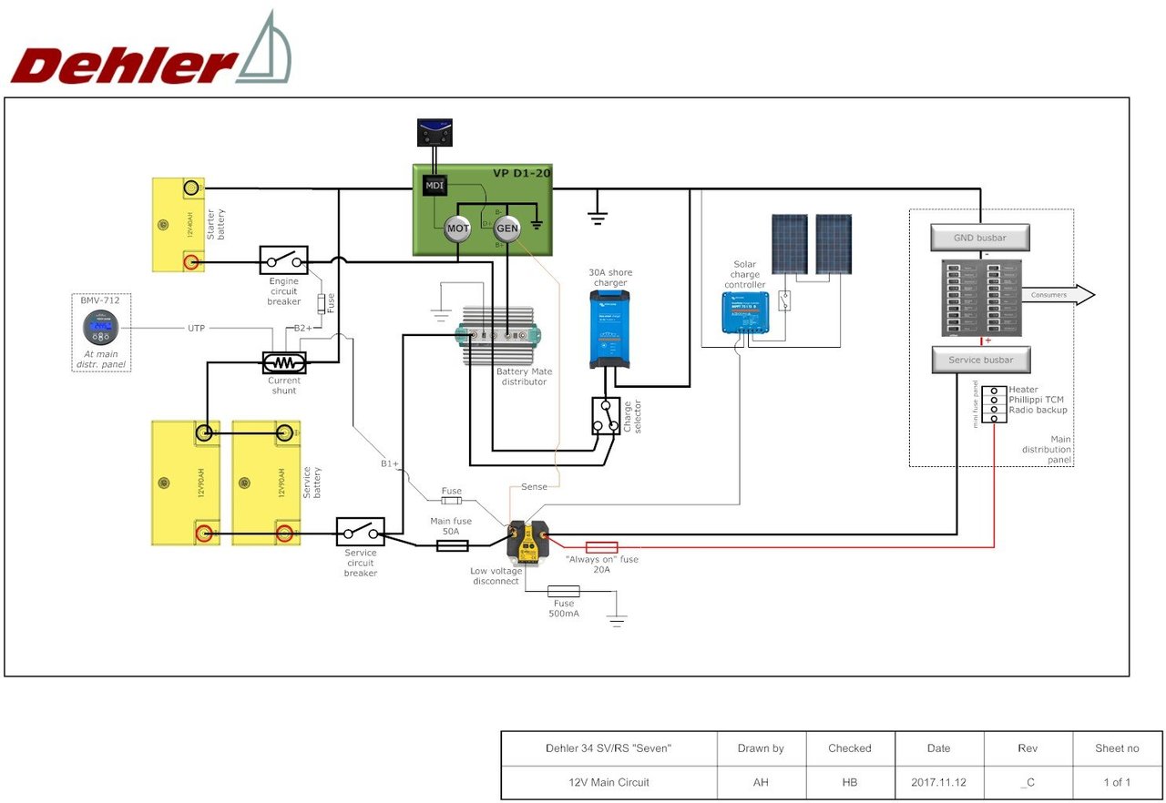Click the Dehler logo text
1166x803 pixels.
point(123,66)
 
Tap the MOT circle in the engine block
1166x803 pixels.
point(457,229)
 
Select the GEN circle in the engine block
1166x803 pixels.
point(507,229)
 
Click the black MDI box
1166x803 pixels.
point(433,186)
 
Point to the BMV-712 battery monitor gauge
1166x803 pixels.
point(100,327)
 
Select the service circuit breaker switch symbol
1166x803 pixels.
point(360,532)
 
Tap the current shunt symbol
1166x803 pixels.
point(284,362)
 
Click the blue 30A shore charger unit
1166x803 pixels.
point(609,329)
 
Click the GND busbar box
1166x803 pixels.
point(980,238)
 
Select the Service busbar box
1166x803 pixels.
point(980,360)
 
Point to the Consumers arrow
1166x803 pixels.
point(1057,295)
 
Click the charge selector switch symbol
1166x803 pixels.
point(606,416)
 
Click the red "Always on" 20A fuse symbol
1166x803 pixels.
point(601,547)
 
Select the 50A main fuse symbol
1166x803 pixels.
point(453,545)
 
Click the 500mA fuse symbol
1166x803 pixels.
point(564,592)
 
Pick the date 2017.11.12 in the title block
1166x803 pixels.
point(938,782)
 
